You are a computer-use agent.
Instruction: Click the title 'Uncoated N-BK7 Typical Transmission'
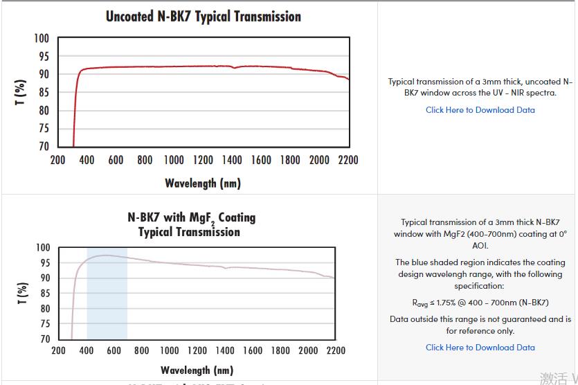pyautogui.click(x=204, y=16)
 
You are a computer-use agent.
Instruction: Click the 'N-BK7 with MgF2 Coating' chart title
pyautogui.click(x=191, y=217)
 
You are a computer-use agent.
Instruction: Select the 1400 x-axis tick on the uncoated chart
pyautogui.click(x=233, y=160)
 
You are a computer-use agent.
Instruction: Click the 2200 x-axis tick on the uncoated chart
pyautogui.click(x=348, y=160)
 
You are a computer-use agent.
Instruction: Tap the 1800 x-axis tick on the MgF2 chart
pyautogui.click(x=281, y=350)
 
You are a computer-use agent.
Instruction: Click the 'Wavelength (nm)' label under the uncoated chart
pyautogui.click(x=203, y=183)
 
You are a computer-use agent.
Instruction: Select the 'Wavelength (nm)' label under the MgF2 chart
pyautogui.click(x=197, y=370)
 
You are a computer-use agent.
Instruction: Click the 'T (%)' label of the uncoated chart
pyautogui.click(x=21, y=92)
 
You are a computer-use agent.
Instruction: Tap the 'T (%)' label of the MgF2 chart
pyautogui.click(x=22, y=293)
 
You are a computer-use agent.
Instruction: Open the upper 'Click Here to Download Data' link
pyautogui.click(x=480, y=109)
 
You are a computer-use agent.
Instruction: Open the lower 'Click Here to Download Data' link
pyautogui.click(x=480, y=347)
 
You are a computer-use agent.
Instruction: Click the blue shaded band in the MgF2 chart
pyautogui.click(x=107, y=305)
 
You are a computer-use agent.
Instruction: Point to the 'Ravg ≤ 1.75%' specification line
pyautogui.click(x=480, y=302)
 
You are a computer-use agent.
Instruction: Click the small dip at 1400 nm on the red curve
pyautogui.click(x=234, y=68)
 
